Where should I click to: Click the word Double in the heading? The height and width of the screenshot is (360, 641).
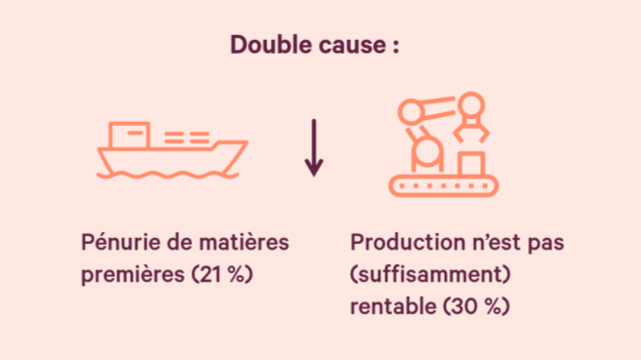[270, 44]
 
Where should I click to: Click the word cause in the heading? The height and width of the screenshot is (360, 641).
[352, 46]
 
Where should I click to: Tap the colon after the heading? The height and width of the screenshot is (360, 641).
[396, 47]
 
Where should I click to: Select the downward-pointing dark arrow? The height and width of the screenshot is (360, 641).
[314, 148]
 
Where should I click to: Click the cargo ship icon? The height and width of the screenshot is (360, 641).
[172, 150]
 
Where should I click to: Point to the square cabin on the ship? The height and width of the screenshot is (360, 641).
[129, 135]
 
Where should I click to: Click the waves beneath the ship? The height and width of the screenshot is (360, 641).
[168, 176]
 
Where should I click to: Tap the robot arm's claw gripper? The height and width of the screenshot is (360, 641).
[471, 132]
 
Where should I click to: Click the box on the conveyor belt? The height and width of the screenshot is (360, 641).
[471, 164]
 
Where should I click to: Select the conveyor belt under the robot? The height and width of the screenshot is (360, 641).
[444, 186]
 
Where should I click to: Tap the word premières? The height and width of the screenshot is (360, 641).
[133, 274]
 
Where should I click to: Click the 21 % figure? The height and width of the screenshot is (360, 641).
[222, 274]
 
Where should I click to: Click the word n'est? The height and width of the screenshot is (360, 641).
[498, 242]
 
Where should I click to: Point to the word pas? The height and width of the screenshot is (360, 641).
[546, 244]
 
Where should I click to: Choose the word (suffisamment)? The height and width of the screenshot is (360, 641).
[430, 274]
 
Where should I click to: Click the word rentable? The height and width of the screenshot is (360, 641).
[393, 306]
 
